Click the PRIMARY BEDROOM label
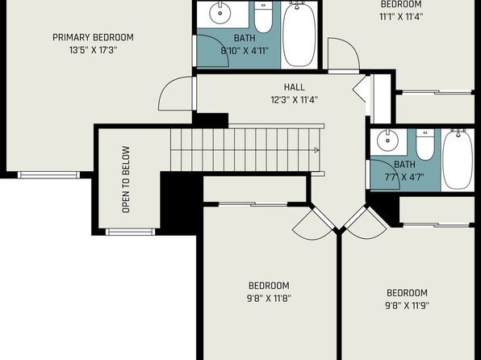click(x=93, y=37)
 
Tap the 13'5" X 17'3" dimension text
click(x=93, y=50)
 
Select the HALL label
click(x=295, y=87)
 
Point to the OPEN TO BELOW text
click(x=126, y=179)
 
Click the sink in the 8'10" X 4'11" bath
click(x=220, y=13)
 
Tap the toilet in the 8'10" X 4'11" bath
click(x=263, y=17)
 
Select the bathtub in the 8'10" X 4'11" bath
click(x=299, y=34)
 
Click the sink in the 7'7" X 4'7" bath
click(x=387, y=140)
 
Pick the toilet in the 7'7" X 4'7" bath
click(x=425, y=144)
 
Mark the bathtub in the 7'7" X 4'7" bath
click(x=458, y=159)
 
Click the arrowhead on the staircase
click(x=317, y=150)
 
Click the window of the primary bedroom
click(x=48, y=175)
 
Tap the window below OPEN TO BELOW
click(x=131, y=232)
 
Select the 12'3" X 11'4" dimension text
click(x=295, y=100)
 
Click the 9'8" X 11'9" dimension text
click(x=407, y=306)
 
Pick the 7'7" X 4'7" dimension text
click(x=404, y=177)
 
